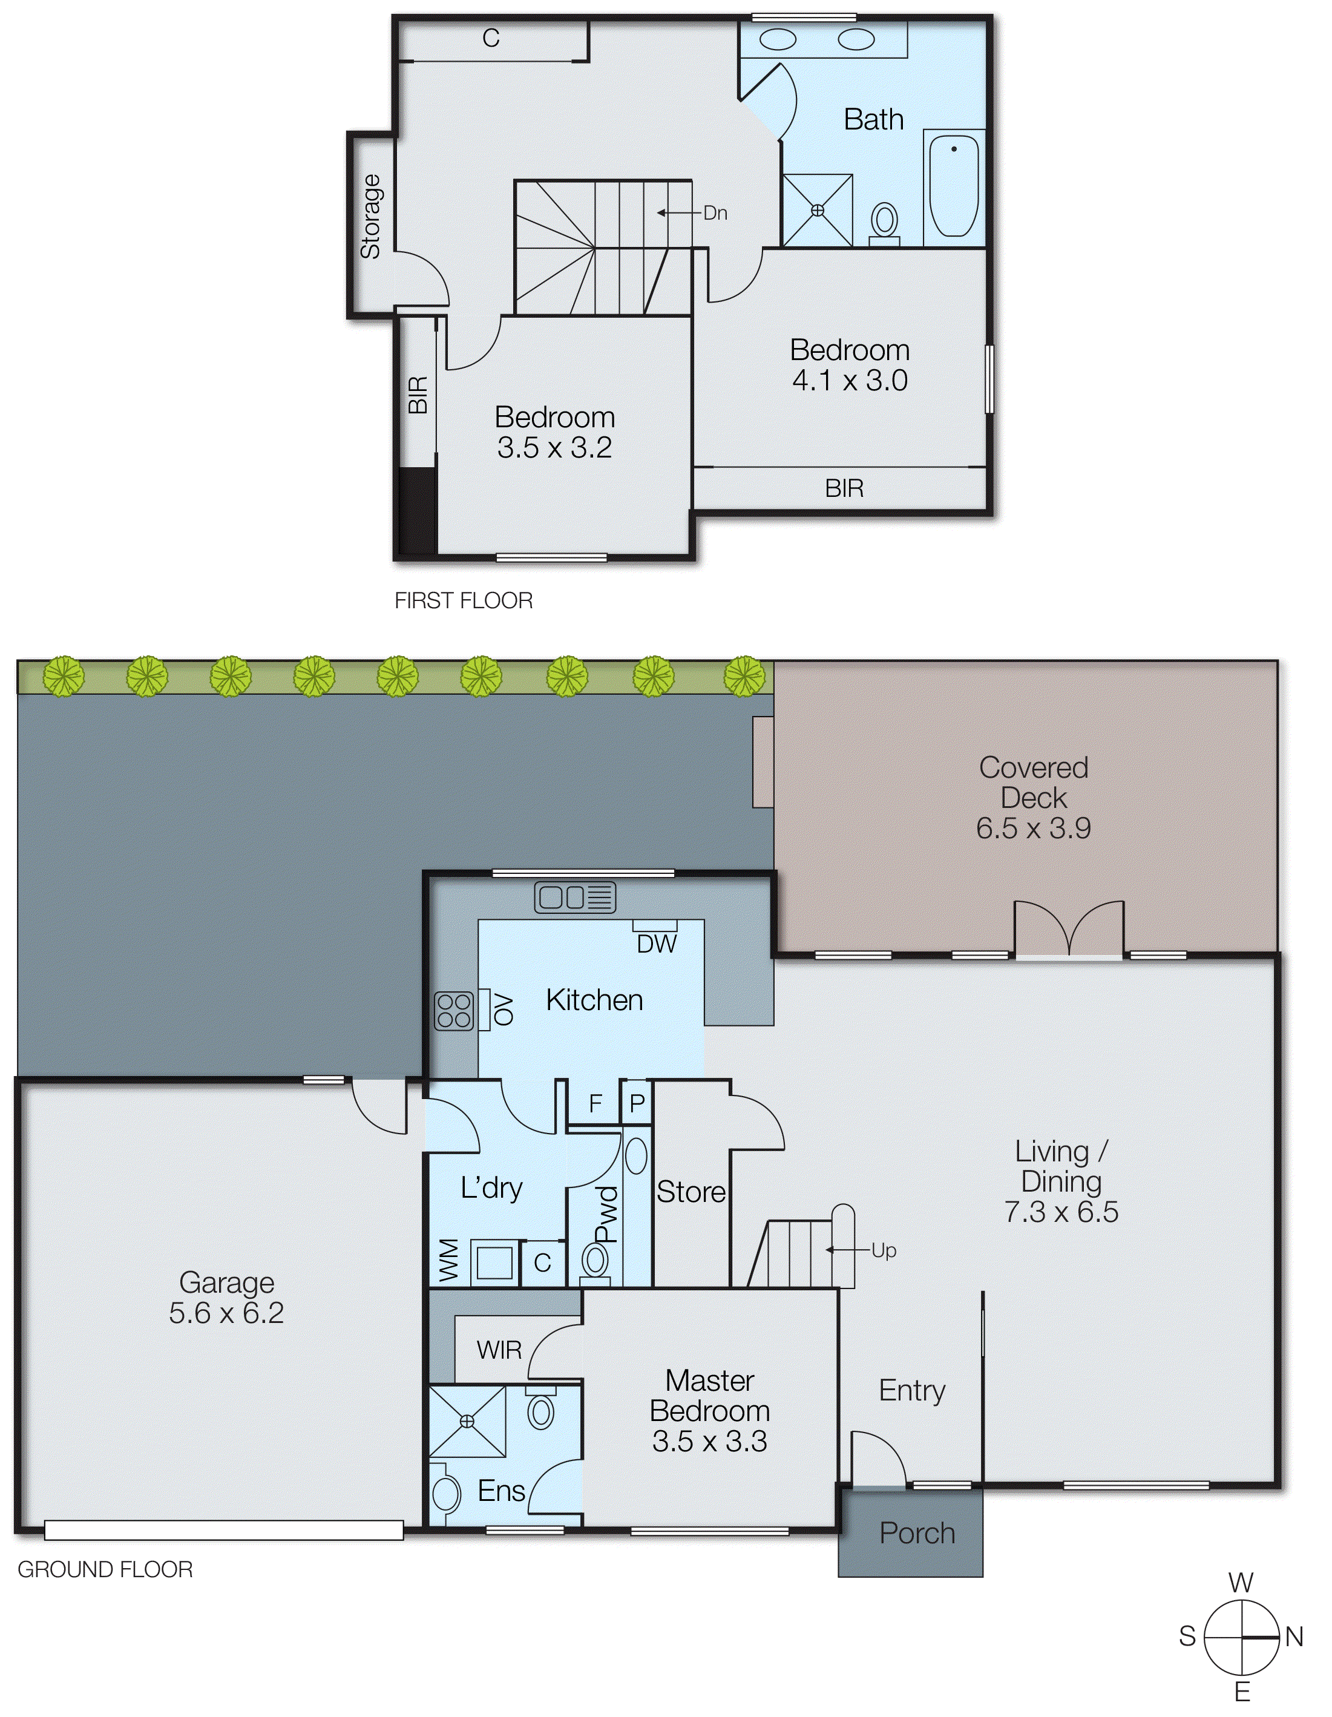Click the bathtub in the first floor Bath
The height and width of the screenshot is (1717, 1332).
(954, 186)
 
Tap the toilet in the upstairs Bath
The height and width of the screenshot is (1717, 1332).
(885, 221)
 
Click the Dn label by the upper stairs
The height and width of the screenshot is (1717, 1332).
(715, 213)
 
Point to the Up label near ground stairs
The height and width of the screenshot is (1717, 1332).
(883, 1250)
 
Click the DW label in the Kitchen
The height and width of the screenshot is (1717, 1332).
(657, 944)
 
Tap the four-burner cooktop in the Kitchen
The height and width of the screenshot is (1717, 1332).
(454, 1011)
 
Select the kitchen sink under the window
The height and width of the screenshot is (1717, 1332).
(575, 897)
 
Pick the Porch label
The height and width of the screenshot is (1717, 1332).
(917, 1532)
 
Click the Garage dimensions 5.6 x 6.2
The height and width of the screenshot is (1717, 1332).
(226, 1312)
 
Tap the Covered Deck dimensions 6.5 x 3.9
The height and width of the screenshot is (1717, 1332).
(1033, 828)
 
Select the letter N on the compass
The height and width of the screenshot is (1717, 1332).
(1294, 1638)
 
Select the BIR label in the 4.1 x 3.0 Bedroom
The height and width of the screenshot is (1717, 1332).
(844, 488)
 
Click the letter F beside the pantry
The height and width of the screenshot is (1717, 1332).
(595, 1104)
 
